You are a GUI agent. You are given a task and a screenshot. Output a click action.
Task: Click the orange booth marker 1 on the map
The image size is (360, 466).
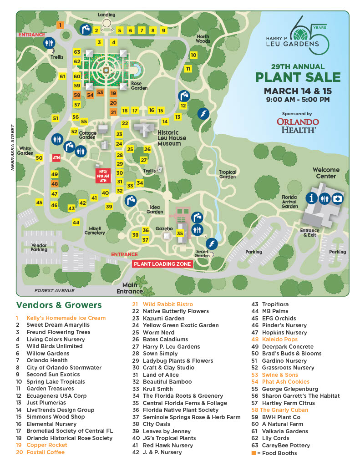(60, 25)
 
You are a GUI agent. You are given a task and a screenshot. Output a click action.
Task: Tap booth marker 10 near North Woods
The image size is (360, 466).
(193, 55)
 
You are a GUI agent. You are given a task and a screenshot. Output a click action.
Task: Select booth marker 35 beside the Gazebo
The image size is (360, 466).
(180, 233)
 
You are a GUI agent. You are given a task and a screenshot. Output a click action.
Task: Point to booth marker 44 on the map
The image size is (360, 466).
(76, 223)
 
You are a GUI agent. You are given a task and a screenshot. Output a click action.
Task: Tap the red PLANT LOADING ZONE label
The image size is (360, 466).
(162, 264)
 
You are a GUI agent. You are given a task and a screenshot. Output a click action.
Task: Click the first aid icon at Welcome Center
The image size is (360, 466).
(338, 198)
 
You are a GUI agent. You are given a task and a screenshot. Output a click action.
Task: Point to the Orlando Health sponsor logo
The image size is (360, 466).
(298, 125)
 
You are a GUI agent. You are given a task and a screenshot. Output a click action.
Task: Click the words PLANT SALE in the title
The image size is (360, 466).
(298, 77)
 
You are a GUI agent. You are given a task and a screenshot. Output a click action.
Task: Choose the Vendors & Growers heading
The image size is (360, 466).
(59, 305)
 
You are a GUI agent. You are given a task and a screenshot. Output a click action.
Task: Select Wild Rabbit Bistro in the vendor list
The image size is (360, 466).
(167, 304)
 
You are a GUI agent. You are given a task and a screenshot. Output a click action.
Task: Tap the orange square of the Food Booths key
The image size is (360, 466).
(254, 453)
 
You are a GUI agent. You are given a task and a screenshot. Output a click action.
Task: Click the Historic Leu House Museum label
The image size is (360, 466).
(169, 137)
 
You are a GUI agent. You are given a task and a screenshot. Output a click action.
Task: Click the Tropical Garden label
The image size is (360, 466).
(228, 174)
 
